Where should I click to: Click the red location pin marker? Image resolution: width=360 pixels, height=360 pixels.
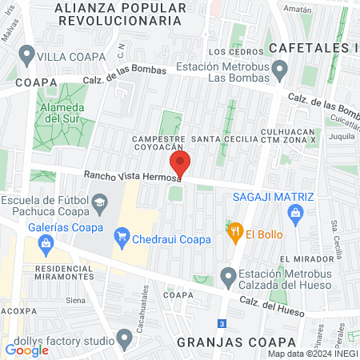tap(181, 163)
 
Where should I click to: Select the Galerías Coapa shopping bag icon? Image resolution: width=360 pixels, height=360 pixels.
tap(45, 242)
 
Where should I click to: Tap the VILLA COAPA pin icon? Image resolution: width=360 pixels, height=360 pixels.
tap(27, 56)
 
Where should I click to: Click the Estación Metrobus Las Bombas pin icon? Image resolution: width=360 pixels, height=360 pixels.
tap(279, 74)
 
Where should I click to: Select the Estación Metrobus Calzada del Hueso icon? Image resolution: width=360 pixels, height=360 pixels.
tap(228, 277)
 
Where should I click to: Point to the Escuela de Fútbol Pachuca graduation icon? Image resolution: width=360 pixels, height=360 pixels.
tap(99, 206)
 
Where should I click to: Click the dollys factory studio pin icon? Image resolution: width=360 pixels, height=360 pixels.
tap(123, 341)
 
